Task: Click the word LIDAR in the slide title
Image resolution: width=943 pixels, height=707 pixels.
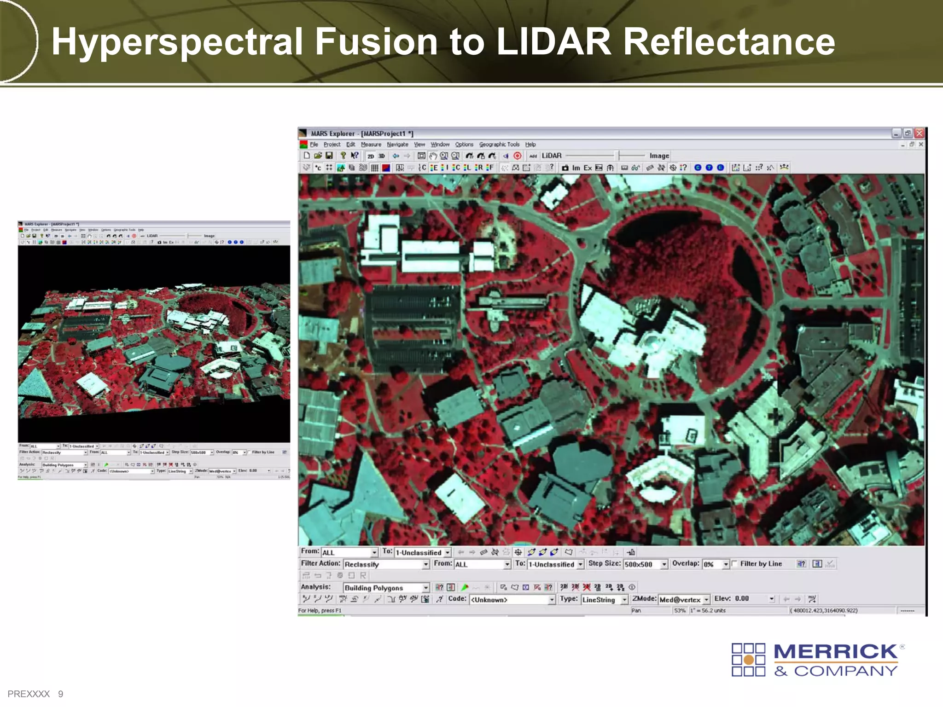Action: [x=554, y=42]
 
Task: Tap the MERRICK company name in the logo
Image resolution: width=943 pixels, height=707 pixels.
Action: [x=835, y=652]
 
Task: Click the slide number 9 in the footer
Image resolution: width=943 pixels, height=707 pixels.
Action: [x=60, y=694]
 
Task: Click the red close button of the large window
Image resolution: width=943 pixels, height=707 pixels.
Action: [x=919, y=133]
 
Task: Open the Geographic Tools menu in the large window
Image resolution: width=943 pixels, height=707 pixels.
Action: [x=499, y=145]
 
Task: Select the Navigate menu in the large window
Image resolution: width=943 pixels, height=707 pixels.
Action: [x=397, y=145]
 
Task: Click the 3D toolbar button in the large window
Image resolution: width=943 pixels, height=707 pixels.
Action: [x=382, y=156]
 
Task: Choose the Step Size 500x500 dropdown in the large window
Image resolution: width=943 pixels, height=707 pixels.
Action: [x=645, y=564]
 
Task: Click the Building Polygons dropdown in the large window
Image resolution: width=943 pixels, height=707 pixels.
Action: [x=386, y=588]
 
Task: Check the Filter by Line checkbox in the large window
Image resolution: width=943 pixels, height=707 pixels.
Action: [x=735, y=564]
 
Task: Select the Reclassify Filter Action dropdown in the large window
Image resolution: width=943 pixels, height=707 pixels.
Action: [x=386, y=564]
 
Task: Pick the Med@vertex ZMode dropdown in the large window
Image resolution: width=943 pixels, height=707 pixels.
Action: [x=684, y=600]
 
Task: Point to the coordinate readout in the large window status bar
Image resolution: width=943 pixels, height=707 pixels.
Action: [x=824, y=611]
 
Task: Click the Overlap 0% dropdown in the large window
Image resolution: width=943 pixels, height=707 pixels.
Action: [x=716, y=564]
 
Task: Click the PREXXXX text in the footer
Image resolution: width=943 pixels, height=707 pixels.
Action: [x=29, y=694]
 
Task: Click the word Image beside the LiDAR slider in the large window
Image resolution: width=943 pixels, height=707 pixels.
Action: [x=659, y=156]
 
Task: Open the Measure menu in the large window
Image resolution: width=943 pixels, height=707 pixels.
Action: [x=371, y=145]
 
